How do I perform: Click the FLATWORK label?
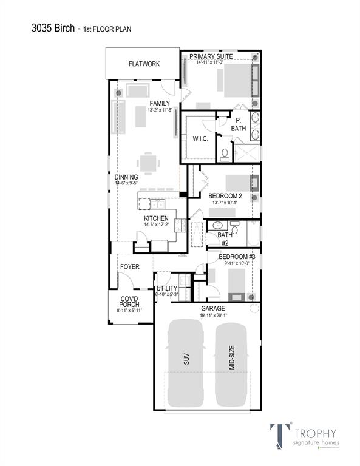click(144, 64)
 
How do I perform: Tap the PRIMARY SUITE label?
click(215, 56)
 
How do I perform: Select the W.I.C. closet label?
click(201, 139)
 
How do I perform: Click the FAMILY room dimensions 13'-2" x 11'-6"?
click(160, 110)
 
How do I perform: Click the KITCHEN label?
click(156, 218)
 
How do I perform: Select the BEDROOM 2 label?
click(225, 196)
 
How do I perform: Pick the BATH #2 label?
click(225, 238)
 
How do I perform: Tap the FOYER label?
click(129, 266)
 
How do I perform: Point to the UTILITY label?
click(167, 288)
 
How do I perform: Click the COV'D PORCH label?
click(129, 302)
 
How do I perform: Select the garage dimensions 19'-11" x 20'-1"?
click(213, 315)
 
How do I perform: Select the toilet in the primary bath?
click(223, 154)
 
